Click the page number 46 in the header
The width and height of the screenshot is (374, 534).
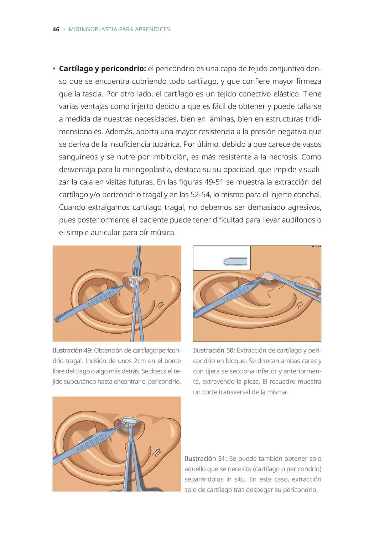tap(56, 30)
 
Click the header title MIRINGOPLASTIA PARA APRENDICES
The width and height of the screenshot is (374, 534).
tap(119, 30)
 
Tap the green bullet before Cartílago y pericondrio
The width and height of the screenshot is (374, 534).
tap(54, 69)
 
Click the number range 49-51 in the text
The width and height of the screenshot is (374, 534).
tap(214, 182)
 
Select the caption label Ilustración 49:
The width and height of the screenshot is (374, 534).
tap(72, 351)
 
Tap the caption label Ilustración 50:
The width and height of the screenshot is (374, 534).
tap(214, 351)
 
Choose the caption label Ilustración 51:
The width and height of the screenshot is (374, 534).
tap(206, 459)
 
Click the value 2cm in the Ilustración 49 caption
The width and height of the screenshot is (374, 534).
tap(140, 361)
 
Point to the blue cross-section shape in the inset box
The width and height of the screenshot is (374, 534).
tap(235, 262)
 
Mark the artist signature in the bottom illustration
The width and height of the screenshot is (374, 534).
tap(157, 453)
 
